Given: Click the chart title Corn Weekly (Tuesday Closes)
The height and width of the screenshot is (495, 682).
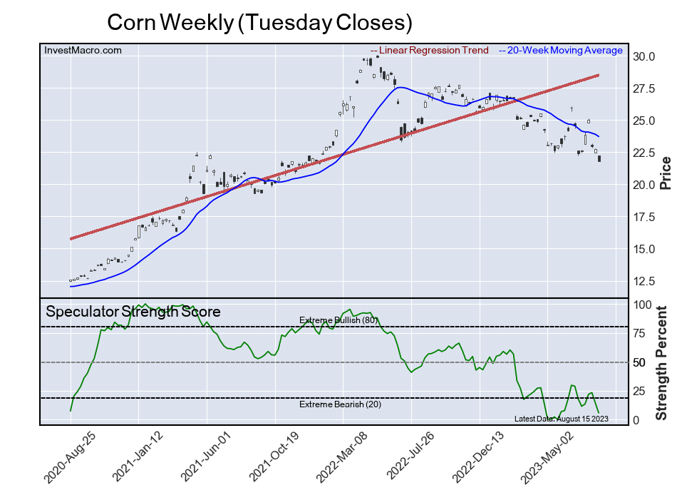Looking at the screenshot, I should point(259,22).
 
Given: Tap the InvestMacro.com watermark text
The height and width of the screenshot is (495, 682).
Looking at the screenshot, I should point(83,50).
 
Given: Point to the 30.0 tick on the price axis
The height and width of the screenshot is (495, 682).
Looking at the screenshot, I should point(644,57).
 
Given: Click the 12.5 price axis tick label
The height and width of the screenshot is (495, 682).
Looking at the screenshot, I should point(644,281).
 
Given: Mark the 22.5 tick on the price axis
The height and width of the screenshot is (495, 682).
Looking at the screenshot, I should point(644,153).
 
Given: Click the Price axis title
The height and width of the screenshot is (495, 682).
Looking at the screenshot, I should point(666,173).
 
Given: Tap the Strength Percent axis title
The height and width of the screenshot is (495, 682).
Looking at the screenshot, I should point(662,362).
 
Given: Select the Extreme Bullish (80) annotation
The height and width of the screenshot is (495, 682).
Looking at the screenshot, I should point(338,320).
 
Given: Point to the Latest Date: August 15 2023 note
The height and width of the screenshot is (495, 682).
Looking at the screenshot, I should point(561,419).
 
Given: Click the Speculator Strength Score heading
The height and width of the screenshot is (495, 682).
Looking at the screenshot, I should point(133,312).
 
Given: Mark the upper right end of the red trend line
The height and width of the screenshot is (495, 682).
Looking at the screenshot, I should point(598,75).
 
